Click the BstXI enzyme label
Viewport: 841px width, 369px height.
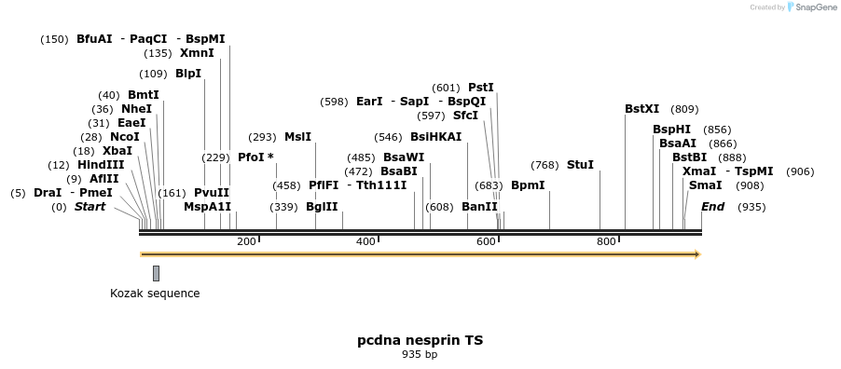pyautogui.click(x=641, y=109)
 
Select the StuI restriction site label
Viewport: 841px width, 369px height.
pyautogui.click(x=580, y=165)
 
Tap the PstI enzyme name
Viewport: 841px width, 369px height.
pyautogui.click(x=481, y=88)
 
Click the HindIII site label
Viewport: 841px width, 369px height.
pyautogui.click(x=101, y=165)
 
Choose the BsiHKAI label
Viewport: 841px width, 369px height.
pyautogui.click(x=435, y=137)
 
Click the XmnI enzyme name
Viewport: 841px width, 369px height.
pyautogui.click(x=197, y=53)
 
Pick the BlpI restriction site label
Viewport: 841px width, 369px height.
pyautogui.click(x=188, y=74)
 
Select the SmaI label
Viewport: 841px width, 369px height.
pyautogui.click(x=705, y=185)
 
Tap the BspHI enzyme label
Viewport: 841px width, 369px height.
pyautogui.click(x=671, y=130)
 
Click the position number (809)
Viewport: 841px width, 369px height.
pyautogui.click(x=684, y=109)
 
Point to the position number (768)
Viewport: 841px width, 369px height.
pyautogui.click(x=545, y=165)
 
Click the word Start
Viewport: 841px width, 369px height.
pyautogui.click(x=90, y=207)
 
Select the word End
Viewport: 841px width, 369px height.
pyautogui.click(x=712, y=207)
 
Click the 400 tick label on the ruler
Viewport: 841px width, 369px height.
pyautogui.click(x=365, y=242)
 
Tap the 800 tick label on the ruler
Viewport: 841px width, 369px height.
pyautogui.click(x=606, y=242)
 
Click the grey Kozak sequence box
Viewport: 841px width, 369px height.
pyautogui.click(x=156, y=273)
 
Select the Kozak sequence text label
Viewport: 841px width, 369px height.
pyautogui.click(x=155, y=294)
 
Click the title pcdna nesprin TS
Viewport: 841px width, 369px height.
pyautogui.click(x=420, y=340)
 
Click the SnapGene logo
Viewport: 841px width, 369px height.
pyautogui.click(x=812, y=7)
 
